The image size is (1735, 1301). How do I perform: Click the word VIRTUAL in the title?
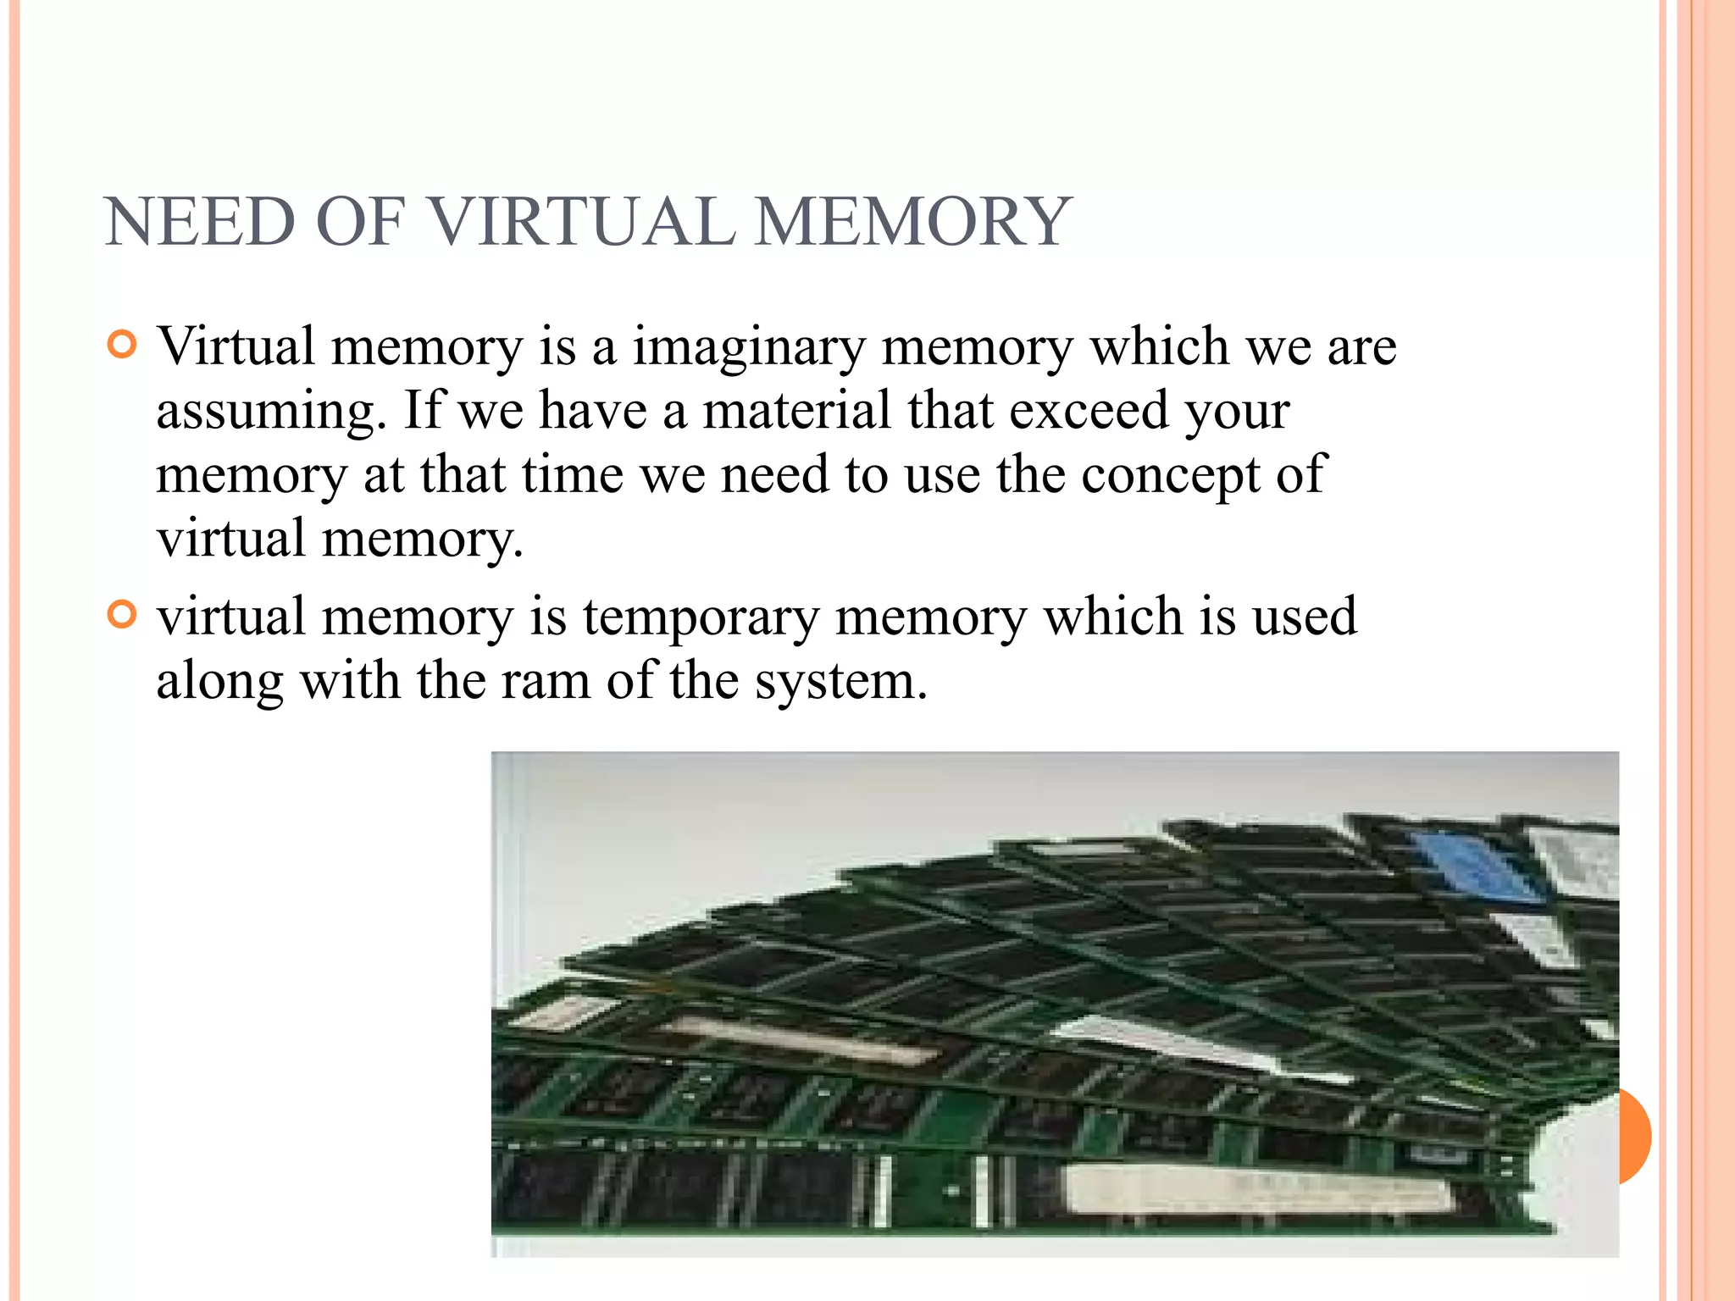[582, 222]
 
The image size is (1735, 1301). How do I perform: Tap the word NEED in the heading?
[200, 222]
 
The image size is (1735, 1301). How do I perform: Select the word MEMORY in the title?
[912, 222]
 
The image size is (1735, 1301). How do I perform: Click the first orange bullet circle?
[123, 345]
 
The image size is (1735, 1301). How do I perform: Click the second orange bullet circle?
[123, 615]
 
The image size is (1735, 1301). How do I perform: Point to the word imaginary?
[749, 347]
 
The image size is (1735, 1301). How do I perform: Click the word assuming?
[266, 412]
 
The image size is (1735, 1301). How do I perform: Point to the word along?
[219, 681]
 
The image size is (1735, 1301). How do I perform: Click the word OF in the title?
[360, 222]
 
